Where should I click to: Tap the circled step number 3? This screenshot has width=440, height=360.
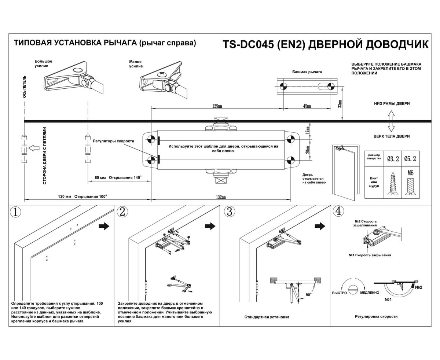coord(229,212)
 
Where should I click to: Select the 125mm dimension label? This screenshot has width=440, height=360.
coord(217,106)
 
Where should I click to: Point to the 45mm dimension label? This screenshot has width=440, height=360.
coord(307,106)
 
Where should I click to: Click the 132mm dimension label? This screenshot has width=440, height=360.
coord(221,197)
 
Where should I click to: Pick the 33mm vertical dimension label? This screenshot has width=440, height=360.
coord(340,104)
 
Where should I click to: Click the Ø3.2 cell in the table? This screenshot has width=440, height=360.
coord(392,159)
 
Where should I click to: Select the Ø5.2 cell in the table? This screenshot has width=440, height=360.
coord(410,159)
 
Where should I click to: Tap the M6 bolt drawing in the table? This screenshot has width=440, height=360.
coord(410,183)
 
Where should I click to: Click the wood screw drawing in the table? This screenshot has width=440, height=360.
coord(392,184)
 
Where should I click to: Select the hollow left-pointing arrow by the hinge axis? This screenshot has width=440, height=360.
coord(33,148)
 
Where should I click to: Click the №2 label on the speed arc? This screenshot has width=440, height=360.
coord(418,287)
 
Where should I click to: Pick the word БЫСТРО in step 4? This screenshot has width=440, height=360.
coord(339,293)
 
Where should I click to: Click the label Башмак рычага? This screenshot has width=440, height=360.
coord(307,72)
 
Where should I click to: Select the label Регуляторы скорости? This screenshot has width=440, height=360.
coord(113,141)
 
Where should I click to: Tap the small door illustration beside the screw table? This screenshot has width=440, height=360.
coord(345,172)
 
